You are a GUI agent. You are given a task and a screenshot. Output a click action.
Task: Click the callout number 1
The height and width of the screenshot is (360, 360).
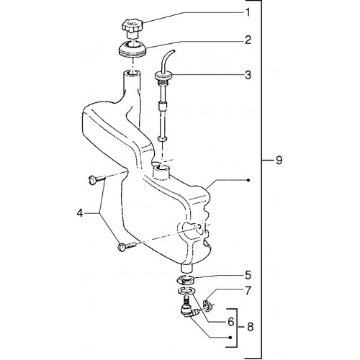click(248, 12)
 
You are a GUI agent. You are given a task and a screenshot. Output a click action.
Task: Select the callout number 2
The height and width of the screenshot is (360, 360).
click(248, 40)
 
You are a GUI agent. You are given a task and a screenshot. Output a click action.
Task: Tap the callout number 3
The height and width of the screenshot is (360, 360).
click(248, 75)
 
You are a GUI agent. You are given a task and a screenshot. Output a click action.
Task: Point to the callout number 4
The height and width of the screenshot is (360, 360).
click(80, 213)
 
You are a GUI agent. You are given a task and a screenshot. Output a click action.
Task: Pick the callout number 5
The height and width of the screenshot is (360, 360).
click(248, 275)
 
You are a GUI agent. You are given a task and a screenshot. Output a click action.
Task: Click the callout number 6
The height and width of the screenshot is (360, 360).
click(230, 322)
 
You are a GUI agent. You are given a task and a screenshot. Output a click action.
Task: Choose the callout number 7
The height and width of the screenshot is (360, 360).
click(248, 290)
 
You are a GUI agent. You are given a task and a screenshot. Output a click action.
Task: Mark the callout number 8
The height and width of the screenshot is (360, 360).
click(251, 327)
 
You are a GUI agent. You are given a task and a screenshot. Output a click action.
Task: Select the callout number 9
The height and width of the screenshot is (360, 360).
click(279, 160)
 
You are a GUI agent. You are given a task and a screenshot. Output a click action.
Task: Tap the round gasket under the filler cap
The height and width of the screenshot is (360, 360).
click(132, 49)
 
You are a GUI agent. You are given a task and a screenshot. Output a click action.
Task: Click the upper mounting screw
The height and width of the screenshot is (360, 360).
click(97, 180)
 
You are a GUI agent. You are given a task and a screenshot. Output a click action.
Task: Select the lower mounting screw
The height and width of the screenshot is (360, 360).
click(127, 247)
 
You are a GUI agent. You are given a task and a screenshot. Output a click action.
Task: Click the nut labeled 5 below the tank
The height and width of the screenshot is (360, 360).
click(186, 279)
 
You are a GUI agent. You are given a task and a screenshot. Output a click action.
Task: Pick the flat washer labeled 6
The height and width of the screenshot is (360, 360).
click(186, 291)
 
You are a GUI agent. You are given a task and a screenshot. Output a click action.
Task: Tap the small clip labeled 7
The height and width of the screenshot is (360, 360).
click(207, 305)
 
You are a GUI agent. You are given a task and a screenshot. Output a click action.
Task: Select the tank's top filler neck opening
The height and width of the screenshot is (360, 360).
click(132, 73)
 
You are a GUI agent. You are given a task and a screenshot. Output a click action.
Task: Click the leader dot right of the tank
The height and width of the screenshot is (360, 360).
click(248, 180)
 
